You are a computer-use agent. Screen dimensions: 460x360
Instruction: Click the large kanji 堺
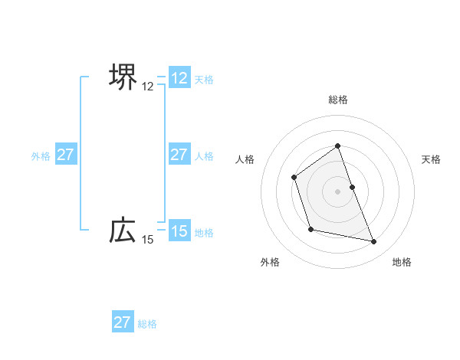click(123, 77)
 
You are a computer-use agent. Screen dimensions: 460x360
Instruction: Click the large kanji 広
click(123, 230)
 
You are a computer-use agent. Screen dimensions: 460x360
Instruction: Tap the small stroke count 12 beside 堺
click(148, 87)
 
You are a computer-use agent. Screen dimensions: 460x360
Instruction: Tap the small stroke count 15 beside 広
click(148, 241)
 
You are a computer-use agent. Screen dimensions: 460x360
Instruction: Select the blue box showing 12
click(179, 78)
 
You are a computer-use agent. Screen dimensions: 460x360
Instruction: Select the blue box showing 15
click(179, 231)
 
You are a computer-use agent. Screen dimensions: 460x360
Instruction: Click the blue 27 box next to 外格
click(65, 155)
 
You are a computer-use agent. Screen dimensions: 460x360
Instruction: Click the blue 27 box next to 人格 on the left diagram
click(179, 155)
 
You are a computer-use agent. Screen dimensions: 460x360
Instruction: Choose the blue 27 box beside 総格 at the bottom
click(123, 322)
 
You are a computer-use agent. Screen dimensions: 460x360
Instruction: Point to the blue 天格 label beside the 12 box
click(204, 80)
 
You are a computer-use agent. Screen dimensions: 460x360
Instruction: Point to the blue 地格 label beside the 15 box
click(204, 233)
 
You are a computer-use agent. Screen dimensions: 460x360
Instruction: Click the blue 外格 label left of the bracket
click(41, 156)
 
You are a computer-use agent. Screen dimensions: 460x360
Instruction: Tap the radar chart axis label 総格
click(337, 100)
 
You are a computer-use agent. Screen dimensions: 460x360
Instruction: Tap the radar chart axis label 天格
click(432, 159)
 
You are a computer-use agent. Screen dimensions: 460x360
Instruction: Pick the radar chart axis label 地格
click(402, 262)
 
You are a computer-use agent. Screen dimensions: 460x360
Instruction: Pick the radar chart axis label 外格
click(270, 262)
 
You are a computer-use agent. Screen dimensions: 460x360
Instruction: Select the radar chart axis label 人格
click(245, 159)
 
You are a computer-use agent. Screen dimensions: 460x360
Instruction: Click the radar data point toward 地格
click(374, 242)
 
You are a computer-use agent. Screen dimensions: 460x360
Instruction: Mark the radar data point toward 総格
click(337, 145)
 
